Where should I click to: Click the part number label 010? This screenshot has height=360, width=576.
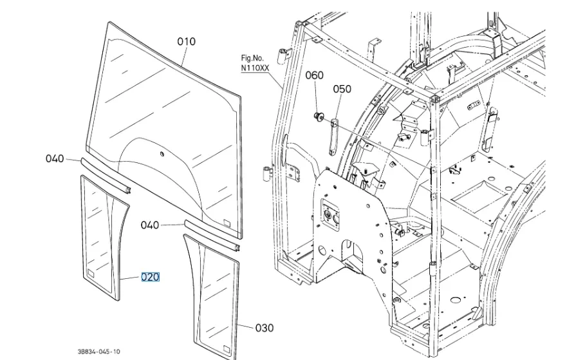click(186, 42)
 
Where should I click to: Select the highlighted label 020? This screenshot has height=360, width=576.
click(150, 278)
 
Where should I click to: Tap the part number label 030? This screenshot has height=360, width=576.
click(265, 328)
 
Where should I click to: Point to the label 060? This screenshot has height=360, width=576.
click(314, 76)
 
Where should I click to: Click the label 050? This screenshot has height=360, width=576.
click(342, 89)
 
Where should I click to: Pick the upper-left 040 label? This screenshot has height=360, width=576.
click(55, 158)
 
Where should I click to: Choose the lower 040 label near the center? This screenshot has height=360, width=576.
click(150, 225)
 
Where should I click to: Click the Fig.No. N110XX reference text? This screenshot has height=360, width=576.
click(255, 62)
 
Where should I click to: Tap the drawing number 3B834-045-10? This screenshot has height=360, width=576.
click(98, 351)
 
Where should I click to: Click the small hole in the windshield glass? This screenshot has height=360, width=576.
click(162, 153)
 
